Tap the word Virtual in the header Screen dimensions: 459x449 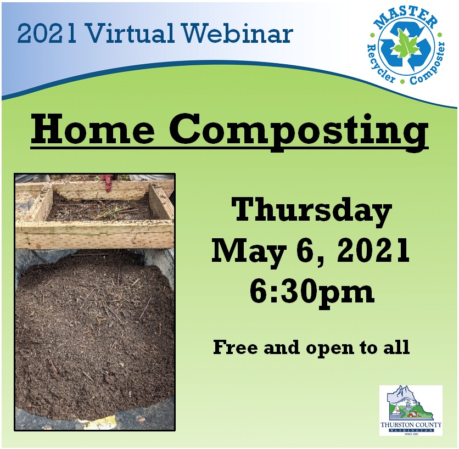[130, 33]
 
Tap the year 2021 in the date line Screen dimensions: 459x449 [373, 250]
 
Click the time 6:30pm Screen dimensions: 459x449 [311, 292]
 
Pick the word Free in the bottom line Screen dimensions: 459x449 [237, 347]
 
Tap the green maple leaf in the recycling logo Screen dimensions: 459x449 [404, 44]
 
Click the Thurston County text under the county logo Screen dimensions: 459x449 [411, 425]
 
